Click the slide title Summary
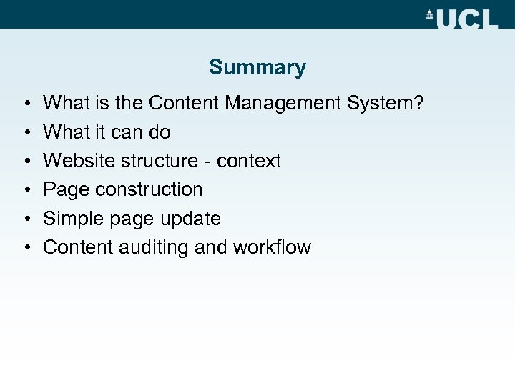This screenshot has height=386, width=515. [257, 67]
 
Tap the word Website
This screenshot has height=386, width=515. [80, 161]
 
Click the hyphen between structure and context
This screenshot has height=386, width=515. [207, 162]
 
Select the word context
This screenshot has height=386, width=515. [249, 161]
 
